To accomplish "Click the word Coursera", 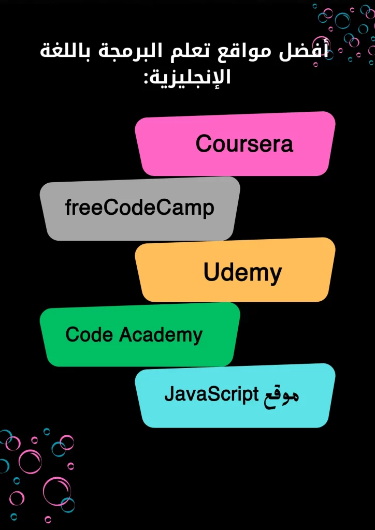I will pyautogui.click(x=244, y=144).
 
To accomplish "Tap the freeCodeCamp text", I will pyautogui.click(x=139, y=208).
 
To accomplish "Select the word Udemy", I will pyautogui.click(x=242, y=272).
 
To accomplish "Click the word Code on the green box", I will pyautogui.click(x=89, y=334).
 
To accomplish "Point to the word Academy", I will pyautogui.click(x=161, y=335).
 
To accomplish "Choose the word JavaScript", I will pyautogui.click(x=211, y=394).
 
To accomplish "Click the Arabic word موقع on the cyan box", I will pyautogui.click(x=280, y=395).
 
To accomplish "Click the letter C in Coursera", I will pyautogui.click(x=204, y=144).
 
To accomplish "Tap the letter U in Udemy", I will pyautogui.click(x=211, y=271).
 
